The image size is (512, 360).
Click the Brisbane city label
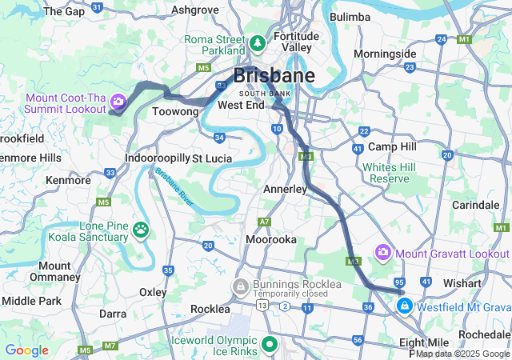point(274,76)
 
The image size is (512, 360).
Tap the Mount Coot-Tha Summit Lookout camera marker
point(118,101)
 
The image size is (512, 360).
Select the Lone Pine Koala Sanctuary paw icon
point(141,230)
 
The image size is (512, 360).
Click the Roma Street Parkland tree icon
point(259,42)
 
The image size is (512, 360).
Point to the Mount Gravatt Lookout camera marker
point(383,253)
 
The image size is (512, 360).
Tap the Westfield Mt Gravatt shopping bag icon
point(406,306)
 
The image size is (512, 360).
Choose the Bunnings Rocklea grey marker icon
point(240,286)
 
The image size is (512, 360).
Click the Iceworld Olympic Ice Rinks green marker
point(270,345)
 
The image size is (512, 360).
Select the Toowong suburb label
point(174,112)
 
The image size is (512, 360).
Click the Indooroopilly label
point(157,158)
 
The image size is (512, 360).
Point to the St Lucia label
point(212,158)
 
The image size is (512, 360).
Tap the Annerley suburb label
point(286,190)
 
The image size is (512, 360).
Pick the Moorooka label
point(272,239)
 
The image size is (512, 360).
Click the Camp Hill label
point(392,147)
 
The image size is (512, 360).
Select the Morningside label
point(385,54)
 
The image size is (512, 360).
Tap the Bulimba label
point(350,17)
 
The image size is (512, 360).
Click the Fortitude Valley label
point(297,42)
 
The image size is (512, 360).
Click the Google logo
point(26,350)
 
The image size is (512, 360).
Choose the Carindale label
point(475,206)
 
